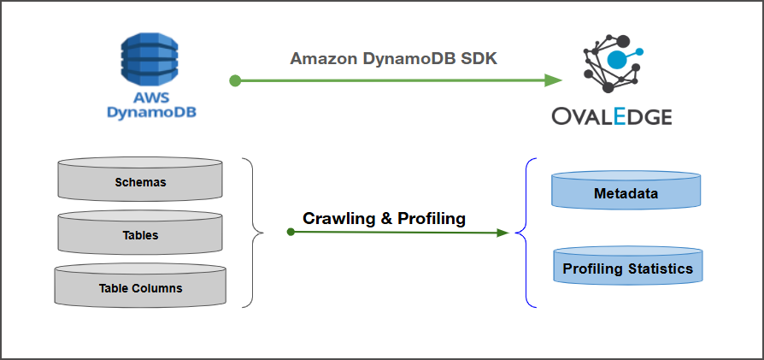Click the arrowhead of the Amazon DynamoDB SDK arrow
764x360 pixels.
553,80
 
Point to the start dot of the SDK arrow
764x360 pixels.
235,80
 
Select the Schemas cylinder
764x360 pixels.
140,181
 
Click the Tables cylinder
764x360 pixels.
140,234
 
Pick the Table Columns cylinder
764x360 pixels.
140,287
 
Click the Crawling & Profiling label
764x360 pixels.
384,218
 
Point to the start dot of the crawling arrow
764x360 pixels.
291,231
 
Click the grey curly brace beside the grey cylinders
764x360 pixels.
252,232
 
